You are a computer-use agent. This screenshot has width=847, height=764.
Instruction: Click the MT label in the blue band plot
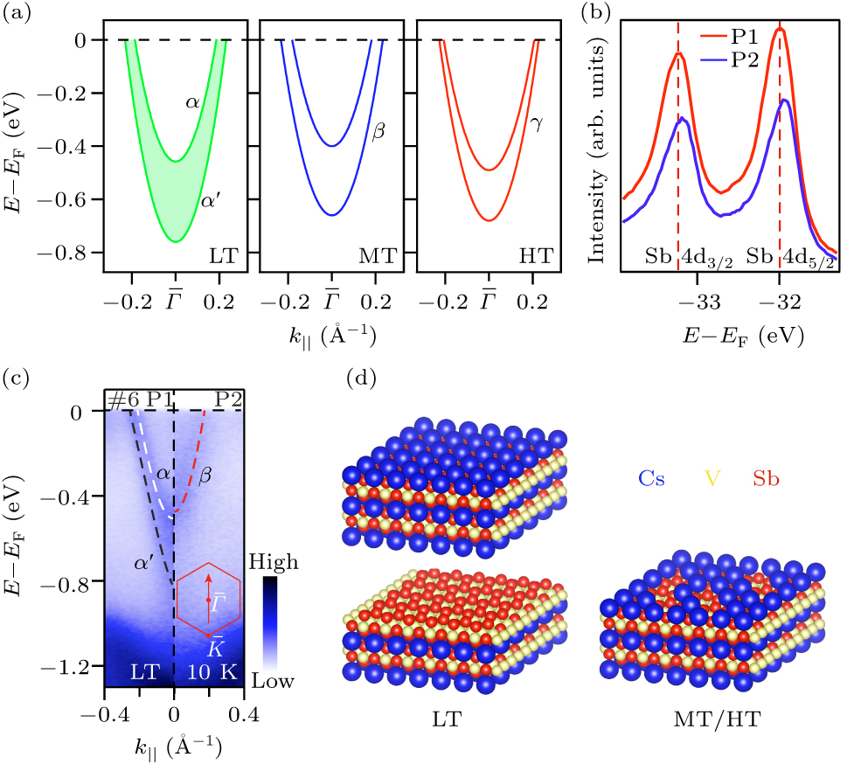tap(378, 257)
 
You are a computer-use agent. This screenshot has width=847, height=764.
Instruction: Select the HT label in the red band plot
tap(533, 257)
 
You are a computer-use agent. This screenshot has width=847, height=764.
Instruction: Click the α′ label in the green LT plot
tap(211, 200)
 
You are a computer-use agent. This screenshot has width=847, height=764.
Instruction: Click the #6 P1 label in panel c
tap(138, 399)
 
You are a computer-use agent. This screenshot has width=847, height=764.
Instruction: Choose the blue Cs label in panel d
tap(656, 479)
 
